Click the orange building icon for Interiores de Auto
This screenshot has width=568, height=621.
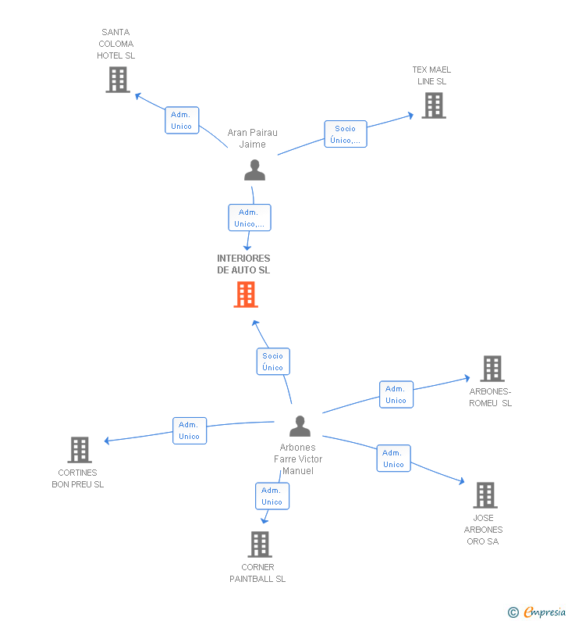tap(246, 294)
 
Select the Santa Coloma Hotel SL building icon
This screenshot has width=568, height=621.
tap(118, 80)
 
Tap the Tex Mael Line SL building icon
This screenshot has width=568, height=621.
tap(434, 105)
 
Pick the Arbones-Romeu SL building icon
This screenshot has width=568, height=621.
tap(492, 369)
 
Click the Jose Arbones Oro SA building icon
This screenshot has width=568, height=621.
tap(485, 495)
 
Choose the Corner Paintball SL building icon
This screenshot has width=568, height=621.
tap(260, 544)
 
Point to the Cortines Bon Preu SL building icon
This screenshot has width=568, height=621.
tap(80, 450)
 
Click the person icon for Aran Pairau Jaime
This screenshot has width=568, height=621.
tap(254, 170)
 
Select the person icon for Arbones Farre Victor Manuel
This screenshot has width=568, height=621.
tap(300, 426)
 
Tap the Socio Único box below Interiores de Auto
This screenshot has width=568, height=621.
tap(273, 362)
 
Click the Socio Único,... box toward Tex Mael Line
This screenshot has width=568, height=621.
tap(346, 134)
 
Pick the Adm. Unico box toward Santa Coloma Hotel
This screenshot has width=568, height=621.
tap(182, 120)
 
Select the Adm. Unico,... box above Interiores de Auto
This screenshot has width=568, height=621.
tap(250, 218)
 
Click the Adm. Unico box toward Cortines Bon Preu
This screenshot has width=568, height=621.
tap(190, 431)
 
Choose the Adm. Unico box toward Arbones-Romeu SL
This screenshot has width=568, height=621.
tap(396, 394)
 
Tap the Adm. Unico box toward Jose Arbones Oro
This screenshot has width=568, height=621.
tap(393, 459)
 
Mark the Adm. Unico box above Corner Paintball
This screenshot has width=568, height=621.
tap(272, 496)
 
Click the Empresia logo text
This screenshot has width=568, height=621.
tap(545, 612)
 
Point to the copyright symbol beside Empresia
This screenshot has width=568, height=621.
tap(513, 612)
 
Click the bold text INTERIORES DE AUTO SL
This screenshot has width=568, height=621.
tap(243, 264)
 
